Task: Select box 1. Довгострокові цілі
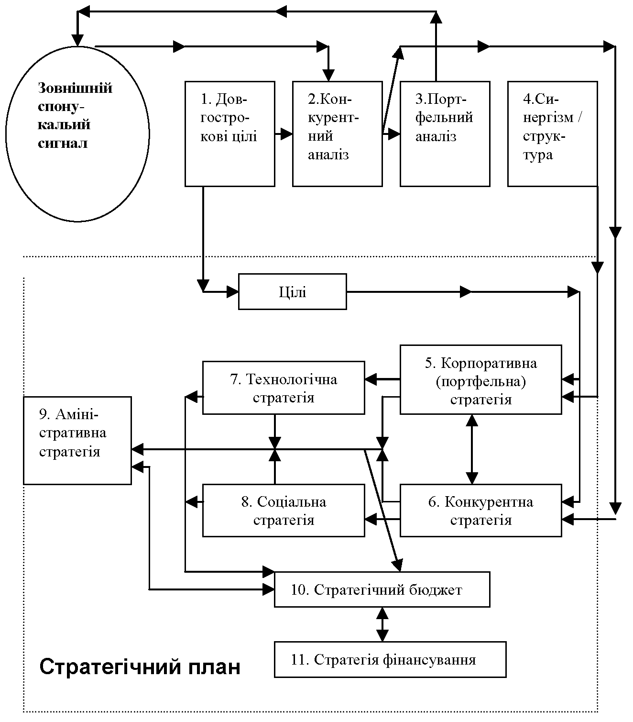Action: [x=230, y=134]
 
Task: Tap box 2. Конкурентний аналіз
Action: [x=338, y=134]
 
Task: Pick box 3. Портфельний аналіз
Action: [x=445, y=134]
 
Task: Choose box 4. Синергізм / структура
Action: [x=553, y=134]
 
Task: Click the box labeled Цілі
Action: [x=293, y=292]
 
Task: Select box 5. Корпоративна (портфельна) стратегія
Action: [x=481, y=379]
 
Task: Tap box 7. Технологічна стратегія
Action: [x=284, y=388]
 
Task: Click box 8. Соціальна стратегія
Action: [x=284, y=511]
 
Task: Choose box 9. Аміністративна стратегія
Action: [x=77, y=441]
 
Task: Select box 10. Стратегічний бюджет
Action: [x=382, y=589]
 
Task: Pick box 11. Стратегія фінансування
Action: [x=390, y=660]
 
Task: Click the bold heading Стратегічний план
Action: [x=140, y=667]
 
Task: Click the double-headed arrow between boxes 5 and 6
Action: [x=471, y=449]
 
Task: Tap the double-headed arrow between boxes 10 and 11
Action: [x=382, y=624]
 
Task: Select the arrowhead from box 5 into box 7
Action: [x=371, y=379]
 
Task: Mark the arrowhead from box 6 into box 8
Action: [x=371, y=519]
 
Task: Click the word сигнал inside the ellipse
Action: [x=63, y=143]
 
